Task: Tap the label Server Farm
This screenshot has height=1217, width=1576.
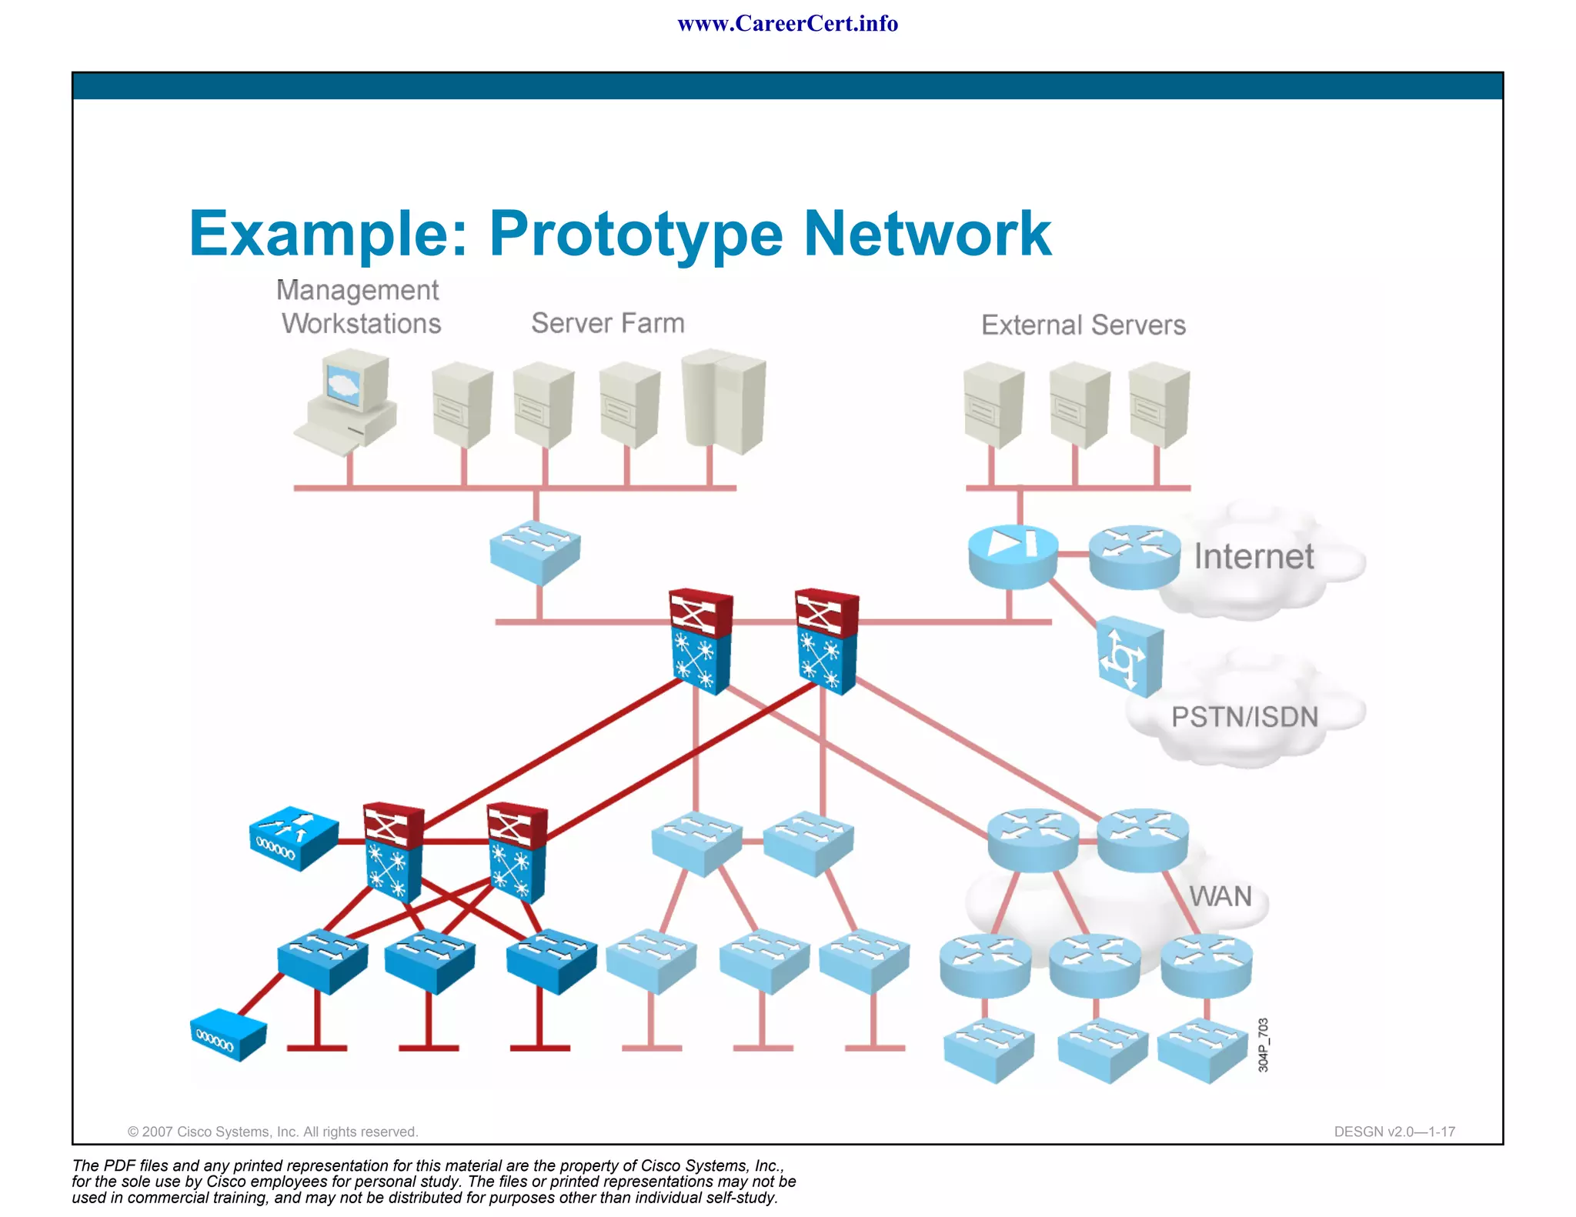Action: [x=607, y=323]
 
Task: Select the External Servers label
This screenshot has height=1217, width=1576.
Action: [x=1083, y=325]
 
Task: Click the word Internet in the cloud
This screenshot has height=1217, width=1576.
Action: [x=1254, y=556]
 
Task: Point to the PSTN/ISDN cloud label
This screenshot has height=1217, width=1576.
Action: [x=1244, y=717]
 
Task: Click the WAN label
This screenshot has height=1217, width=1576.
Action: [x=1220, y=896]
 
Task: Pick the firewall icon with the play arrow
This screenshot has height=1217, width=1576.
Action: [x=1013, y=555]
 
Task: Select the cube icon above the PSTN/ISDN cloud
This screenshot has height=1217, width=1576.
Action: [x=1130, y=656]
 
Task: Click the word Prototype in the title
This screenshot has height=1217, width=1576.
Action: [x=635, y=233]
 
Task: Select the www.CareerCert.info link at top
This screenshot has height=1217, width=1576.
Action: [x=787, y=24]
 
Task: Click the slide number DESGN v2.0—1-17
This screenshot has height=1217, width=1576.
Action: [x=1394, y=1132]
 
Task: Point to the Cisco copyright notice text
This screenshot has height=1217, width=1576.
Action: [x=272, y=1132]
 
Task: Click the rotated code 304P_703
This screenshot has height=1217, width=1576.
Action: [x=1263, y=1045]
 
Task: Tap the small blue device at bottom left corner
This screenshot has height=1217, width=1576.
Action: [x=228, y=1035]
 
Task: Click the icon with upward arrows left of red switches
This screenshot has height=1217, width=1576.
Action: [x=293, y=838]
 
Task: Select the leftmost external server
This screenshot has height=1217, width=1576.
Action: [x=993, y=405]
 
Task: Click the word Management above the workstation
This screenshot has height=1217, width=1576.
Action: [x=357, y=290]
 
